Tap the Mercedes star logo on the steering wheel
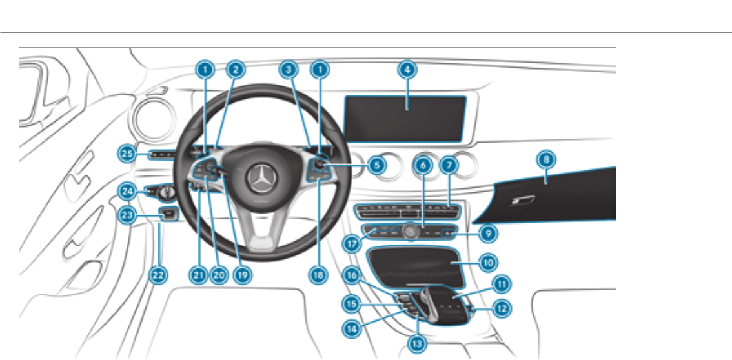click(261, 175)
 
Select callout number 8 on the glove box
click(547, 159)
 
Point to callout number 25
click(127, 153)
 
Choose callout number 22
click(157, 275)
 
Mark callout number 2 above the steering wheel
click(236, 69)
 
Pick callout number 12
click(501, 308)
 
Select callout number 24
click(127, 191)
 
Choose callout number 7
click(449, 166)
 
